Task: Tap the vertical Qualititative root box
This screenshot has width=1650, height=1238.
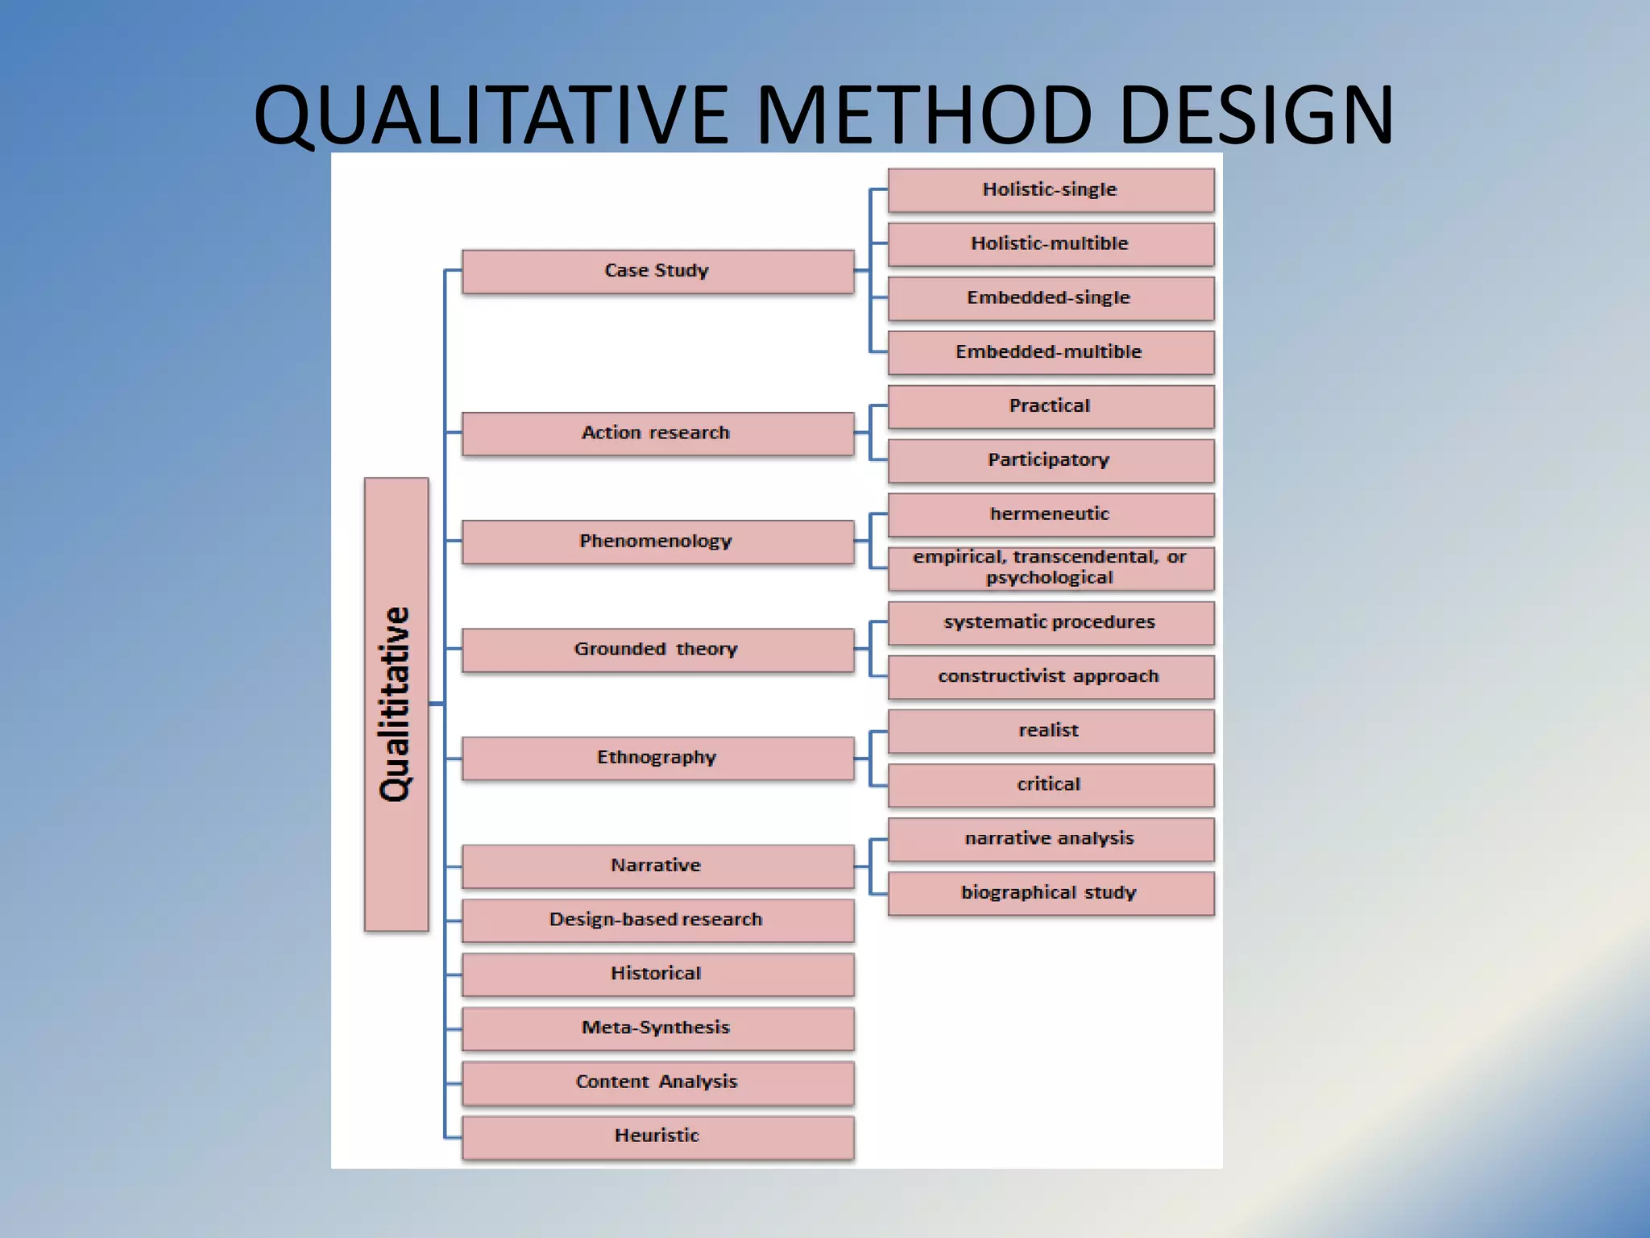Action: [396, 704]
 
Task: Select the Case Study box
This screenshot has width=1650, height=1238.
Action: [657, 271]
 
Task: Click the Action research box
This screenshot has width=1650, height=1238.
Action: [657, 434]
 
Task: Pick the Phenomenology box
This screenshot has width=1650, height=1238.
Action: [657, 542]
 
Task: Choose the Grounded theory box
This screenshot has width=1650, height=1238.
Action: [657, 650]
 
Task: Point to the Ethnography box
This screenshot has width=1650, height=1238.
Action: [657, 758]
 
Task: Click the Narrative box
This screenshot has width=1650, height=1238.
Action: [657, 866]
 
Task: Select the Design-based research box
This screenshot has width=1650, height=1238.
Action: [657, 920]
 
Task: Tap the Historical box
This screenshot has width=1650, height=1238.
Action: [657, 974]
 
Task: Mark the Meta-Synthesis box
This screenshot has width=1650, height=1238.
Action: [657, 1028]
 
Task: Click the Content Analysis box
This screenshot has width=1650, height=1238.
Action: [657, 1082]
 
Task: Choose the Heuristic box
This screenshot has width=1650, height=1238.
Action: [657, 1136]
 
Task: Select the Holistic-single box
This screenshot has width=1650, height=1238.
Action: [1051, 190]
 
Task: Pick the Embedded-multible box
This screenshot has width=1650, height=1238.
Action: [1051, 352]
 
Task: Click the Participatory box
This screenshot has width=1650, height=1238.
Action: [1051, 460]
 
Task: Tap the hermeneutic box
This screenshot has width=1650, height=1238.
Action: [1051, 514]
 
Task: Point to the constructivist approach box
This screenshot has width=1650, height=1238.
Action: [1051, 677]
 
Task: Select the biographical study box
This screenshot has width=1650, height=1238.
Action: [1051, 893]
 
